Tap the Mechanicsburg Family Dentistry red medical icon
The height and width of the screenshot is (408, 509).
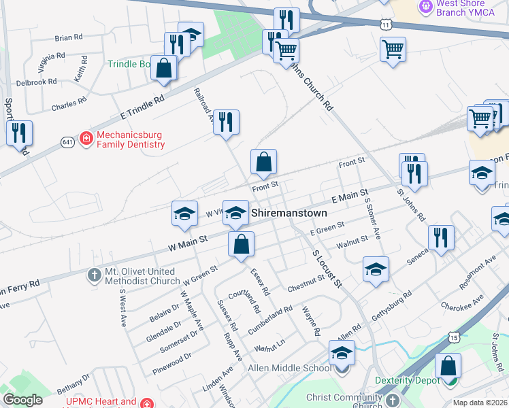click(x=86, y=139)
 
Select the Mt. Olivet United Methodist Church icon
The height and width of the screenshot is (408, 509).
click(x=95, y=275)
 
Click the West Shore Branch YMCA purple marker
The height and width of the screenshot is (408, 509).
click(x=427, y=7)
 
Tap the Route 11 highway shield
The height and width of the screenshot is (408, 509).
click(x=385, y=24)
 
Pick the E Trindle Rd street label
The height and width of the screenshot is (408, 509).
click(x=142, y=108)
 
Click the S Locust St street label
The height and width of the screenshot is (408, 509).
click(x=326, y=267)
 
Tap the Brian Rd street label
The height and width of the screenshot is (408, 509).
click(x=68, y=37)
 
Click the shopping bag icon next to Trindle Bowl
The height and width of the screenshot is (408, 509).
click(x=164, y=69)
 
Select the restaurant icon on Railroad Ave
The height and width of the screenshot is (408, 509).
click(x=226, y=122)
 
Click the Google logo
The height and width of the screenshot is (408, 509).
click(x=23, y=400)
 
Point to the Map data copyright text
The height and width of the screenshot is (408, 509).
click(x=480, y=403)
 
